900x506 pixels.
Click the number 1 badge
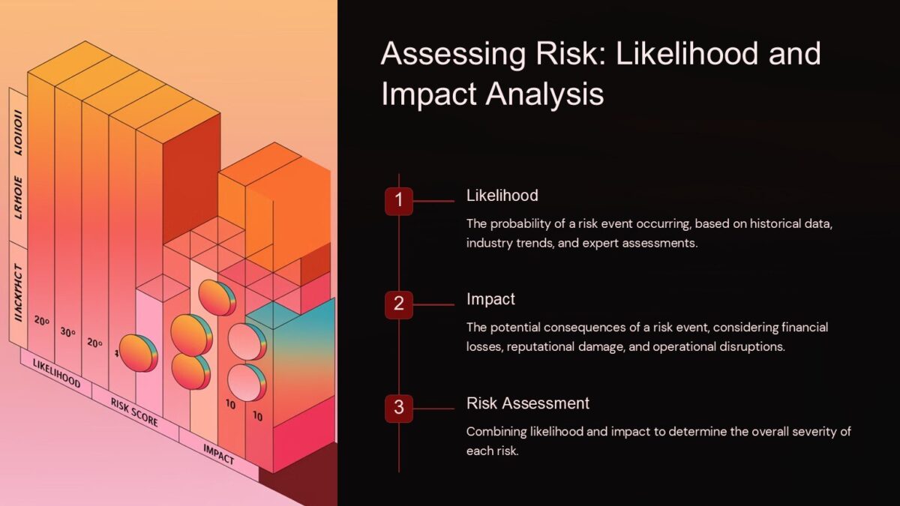[399, 201]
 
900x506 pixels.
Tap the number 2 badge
[399, 304]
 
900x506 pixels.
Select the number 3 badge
[399, 409]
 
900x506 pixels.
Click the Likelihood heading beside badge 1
[502, 196]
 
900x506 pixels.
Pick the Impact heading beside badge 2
[490, 299]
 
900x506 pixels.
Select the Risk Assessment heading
[527, 403]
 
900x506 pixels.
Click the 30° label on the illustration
[68, 333]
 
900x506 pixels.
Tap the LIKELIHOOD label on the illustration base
[55, 372]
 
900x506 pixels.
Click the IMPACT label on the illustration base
[218, 452]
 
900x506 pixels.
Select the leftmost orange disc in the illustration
[138, 353]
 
